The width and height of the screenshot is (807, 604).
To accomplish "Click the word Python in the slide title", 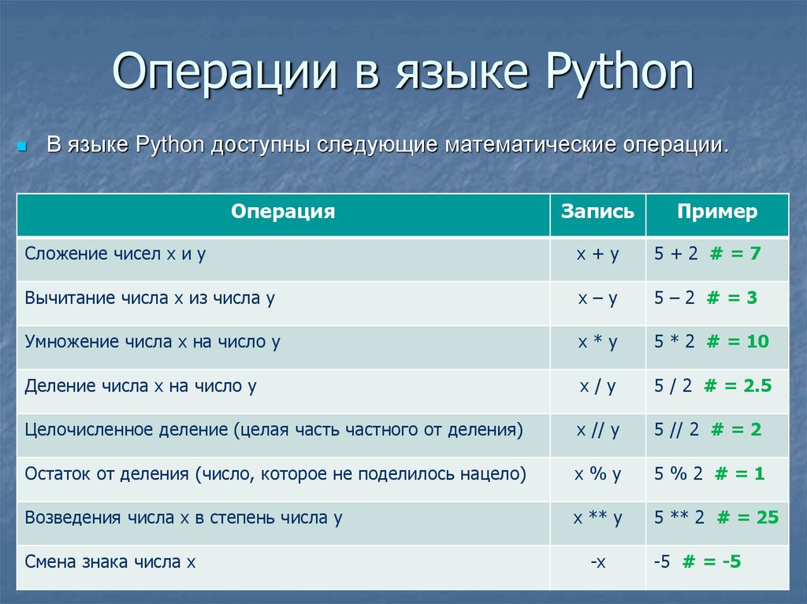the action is point(619,72).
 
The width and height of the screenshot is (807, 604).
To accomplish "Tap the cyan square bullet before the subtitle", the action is point(21,146).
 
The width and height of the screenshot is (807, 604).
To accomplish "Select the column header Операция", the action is point(283,212).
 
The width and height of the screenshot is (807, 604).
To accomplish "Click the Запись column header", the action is point(597,212).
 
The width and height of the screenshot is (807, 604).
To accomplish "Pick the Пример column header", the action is point(717,212).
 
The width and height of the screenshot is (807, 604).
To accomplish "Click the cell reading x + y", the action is point(597,254).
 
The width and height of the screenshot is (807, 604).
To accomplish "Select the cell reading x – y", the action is point(597,298).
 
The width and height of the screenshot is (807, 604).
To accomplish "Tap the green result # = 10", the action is point(738,341).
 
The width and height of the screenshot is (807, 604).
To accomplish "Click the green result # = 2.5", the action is point(738,385).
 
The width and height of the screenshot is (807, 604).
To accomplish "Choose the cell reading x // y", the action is point(597,430).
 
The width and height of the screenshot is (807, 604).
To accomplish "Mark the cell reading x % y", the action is point(597,474).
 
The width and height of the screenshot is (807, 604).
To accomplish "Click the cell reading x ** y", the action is point(597,517).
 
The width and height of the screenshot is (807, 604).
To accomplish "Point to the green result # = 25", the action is point(748,517).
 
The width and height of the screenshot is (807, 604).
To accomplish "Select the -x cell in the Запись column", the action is point(598,561).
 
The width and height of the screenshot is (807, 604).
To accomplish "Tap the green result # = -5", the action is point(712,561).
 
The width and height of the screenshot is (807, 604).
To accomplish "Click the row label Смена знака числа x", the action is point(110,561).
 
